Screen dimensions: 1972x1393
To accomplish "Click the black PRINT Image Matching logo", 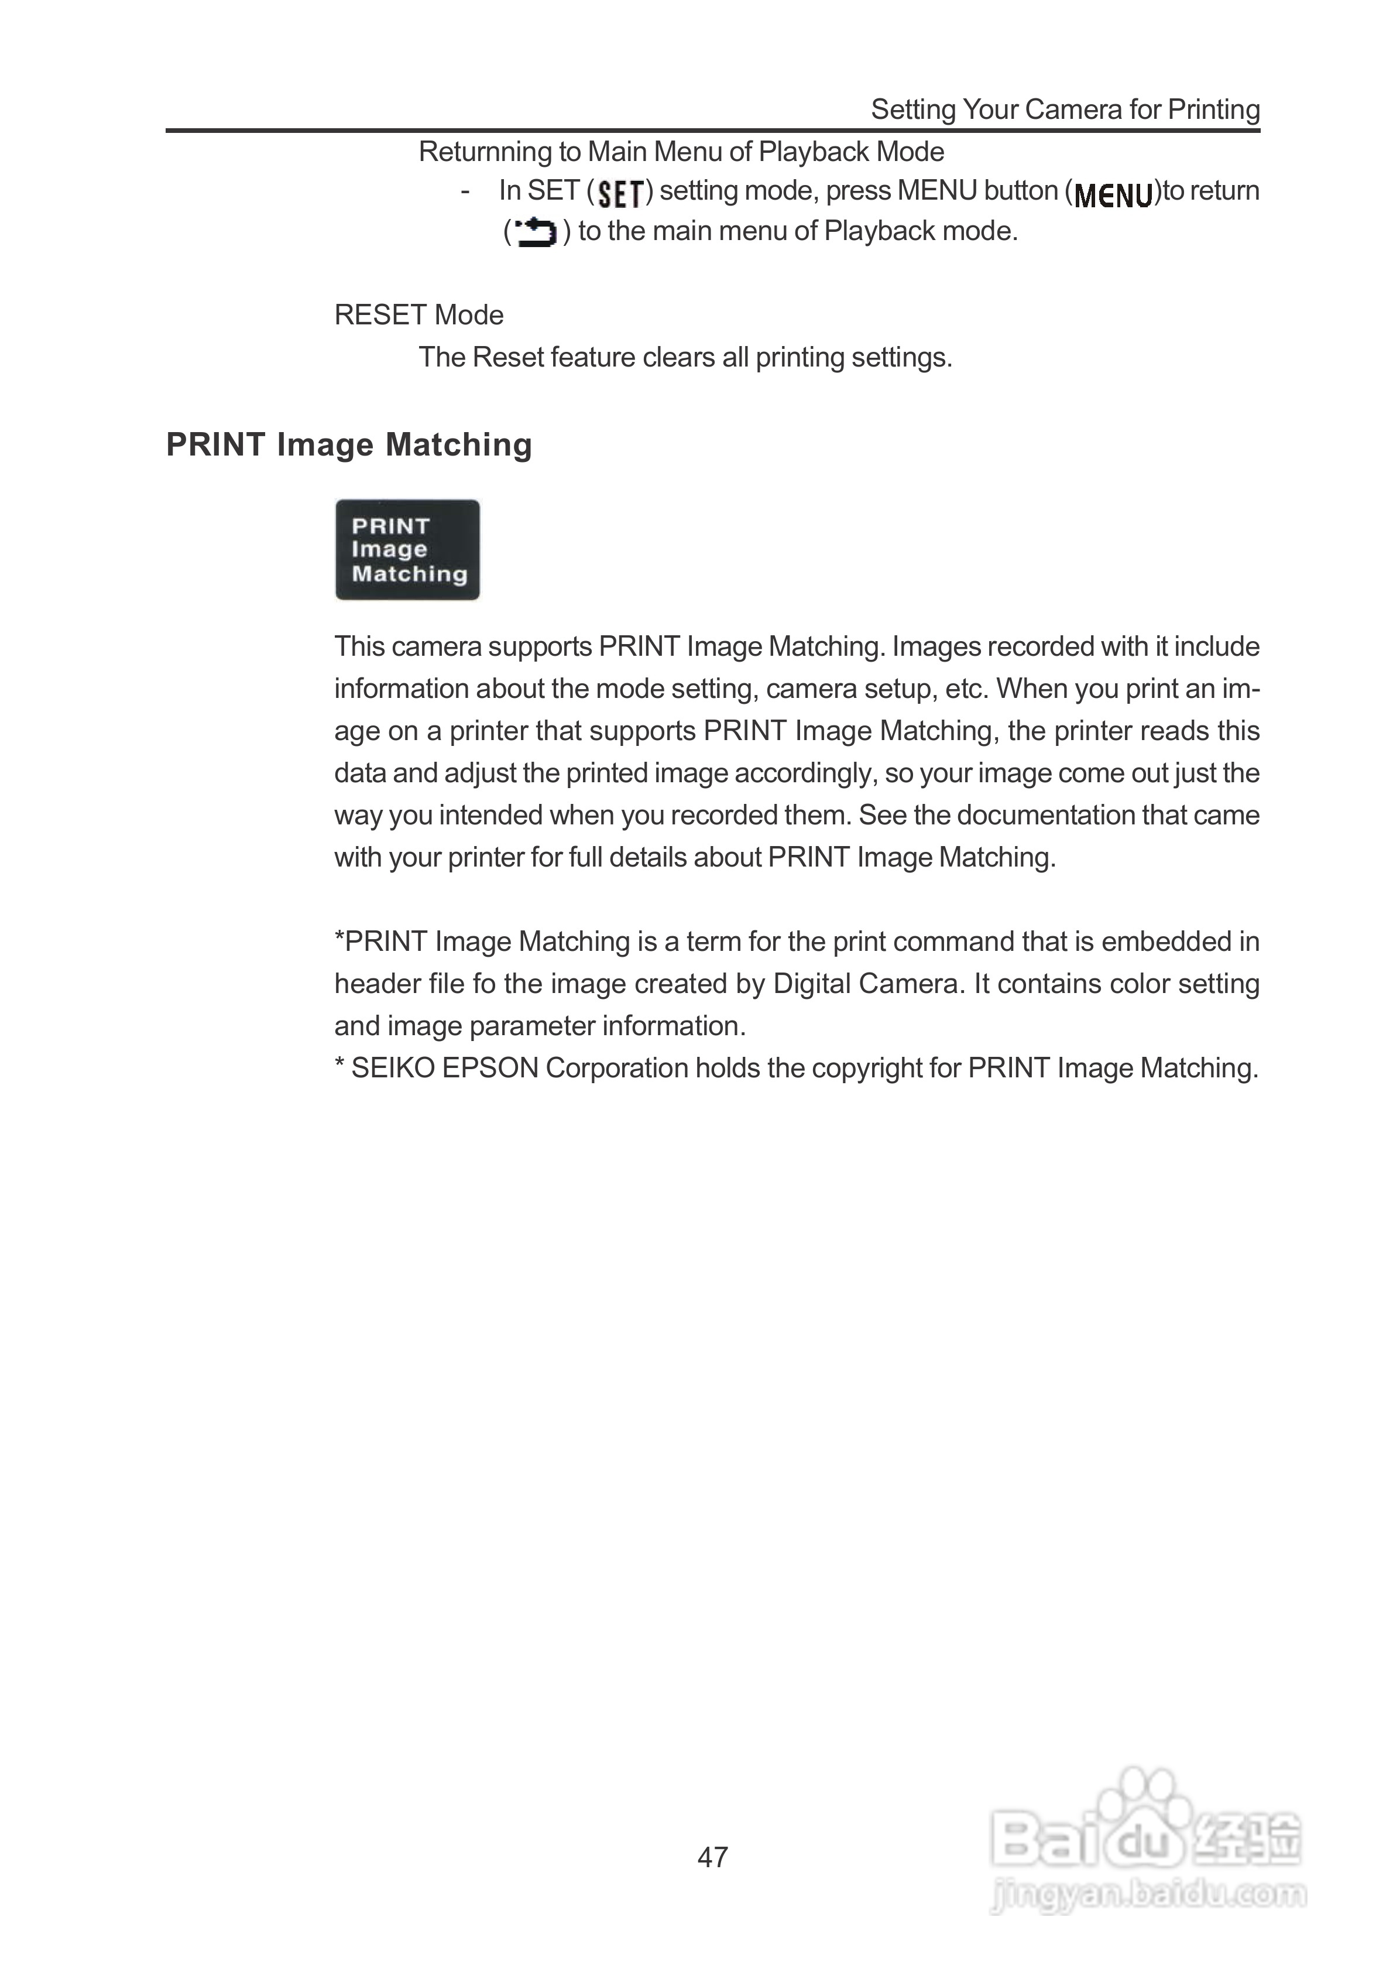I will [x=407, y=550].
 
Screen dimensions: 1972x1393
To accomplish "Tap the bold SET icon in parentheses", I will [x=620, y=193].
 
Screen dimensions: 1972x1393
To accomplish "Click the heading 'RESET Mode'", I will [x=418, y=315].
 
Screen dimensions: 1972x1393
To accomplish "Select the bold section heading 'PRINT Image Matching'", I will [x=349, y=445].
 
